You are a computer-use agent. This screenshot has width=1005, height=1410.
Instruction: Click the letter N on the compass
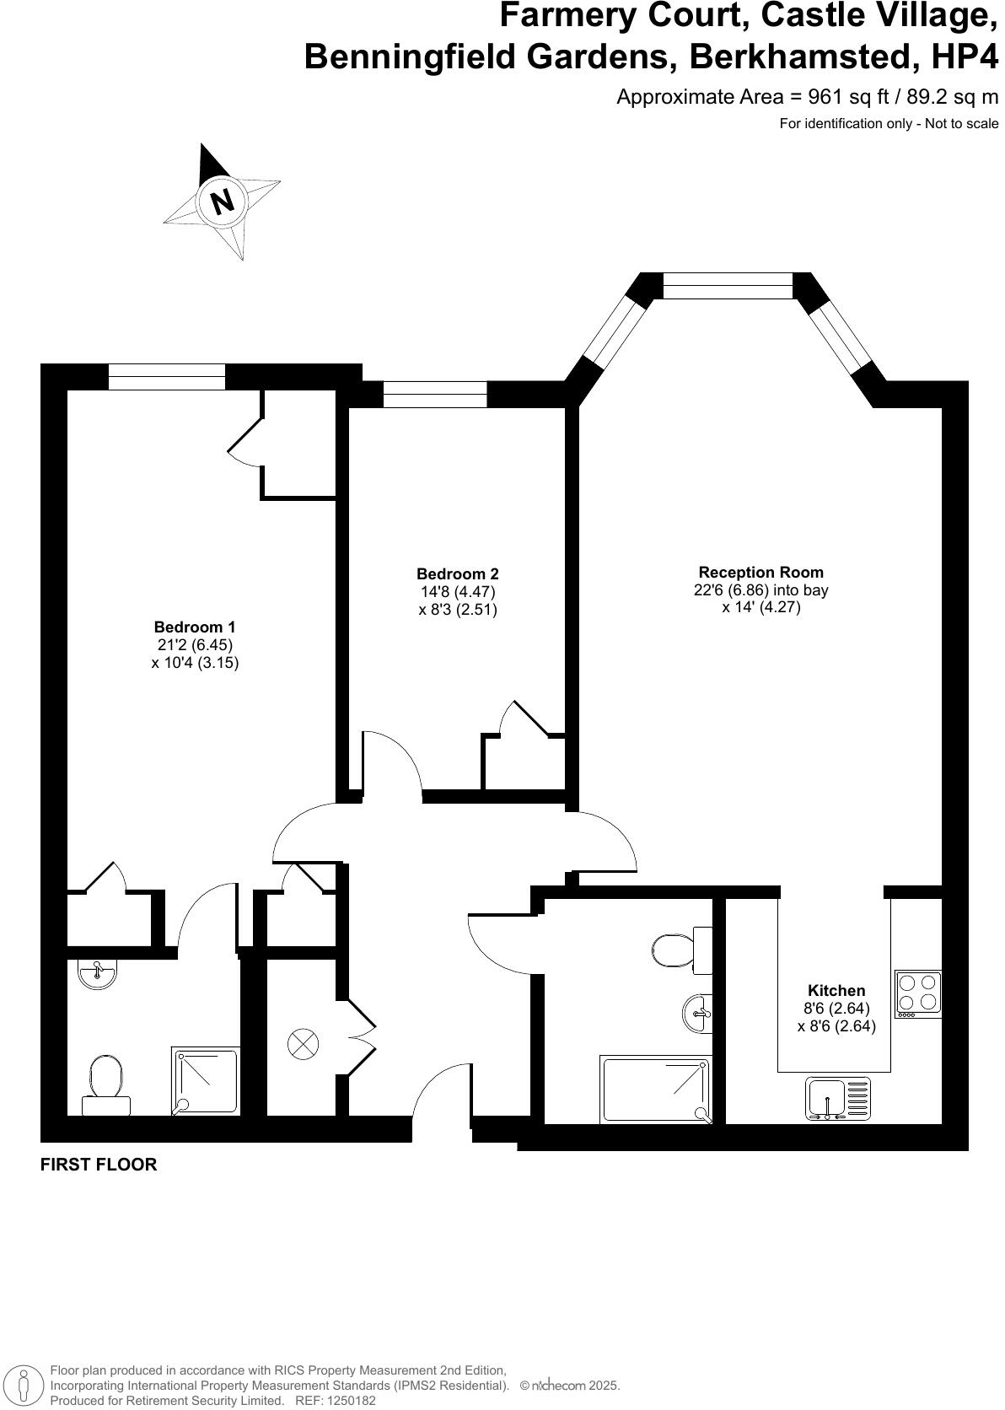click(222, 202)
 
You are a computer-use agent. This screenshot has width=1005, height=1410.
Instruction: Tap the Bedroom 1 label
click(195, 627)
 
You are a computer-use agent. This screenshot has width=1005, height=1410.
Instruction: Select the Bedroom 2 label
click(458, 574)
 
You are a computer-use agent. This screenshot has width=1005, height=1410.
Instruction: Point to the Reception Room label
click(760, 572)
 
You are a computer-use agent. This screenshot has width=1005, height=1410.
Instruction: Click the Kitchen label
click(836, 990)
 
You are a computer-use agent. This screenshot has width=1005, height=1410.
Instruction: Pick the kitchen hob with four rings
click(918, 993)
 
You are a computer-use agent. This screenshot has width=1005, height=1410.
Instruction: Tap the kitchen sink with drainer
click(838, 1099)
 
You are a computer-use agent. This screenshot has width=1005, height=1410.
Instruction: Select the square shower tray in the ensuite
click(206, 1080)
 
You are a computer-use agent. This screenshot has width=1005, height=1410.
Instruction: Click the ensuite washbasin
click(98, 974)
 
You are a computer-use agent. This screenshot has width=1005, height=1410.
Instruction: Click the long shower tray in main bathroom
click(655, 1089)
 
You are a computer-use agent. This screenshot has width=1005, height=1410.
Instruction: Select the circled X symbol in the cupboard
click(303, 1045)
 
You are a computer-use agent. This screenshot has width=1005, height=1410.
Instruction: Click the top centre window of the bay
click(728, 286)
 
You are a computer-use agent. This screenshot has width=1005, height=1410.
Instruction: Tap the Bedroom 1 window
click(167, 377)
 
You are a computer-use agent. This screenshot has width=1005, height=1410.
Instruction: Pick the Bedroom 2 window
click(435, 394)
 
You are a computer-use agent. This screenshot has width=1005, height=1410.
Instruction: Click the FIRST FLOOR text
click(99, 1165)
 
